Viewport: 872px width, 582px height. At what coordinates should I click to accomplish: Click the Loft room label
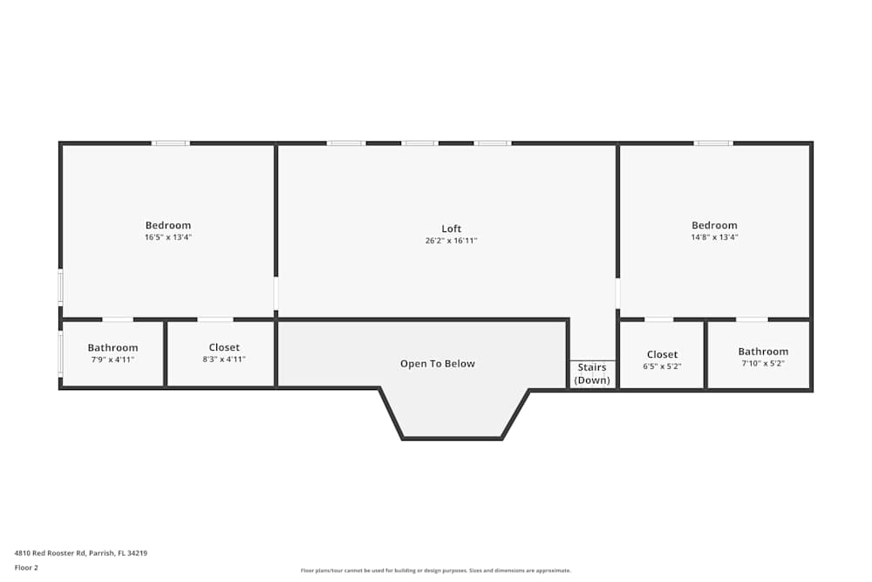(451, 229)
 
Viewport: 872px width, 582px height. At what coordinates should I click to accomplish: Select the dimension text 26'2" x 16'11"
(451, 241)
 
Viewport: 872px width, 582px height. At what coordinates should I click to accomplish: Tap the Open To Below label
(437, 364)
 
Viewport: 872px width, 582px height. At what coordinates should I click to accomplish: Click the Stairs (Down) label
(592, 373)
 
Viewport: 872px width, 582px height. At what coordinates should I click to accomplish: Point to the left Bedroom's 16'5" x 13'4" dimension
(167, 237)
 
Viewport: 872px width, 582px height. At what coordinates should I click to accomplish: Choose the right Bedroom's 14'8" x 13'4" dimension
(714, 237)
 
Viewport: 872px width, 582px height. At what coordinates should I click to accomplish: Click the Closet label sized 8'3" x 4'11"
(224, 347)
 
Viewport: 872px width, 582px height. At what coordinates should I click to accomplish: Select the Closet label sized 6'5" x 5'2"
(662, 354)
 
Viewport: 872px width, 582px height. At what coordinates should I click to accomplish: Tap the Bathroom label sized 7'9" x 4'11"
(112, 347)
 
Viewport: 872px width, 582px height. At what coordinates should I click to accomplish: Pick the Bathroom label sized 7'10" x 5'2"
(763, 352)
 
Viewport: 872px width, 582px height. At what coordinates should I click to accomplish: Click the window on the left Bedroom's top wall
(170, 143)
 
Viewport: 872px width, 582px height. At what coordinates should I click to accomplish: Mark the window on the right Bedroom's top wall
(713, 143)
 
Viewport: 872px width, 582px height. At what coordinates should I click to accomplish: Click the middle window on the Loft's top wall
(419, 143)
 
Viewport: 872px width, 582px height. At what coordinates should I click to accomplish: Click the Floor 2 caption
(26, 567)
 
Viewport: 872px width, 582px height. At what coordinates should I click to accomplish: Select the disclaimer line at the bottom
(436, 571)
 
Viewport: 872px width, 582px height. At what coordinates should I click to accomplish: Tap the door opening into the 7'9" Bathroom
(118, 319)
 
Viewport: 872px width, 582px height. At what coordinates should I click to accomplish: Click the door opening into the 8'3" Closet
(215, 319)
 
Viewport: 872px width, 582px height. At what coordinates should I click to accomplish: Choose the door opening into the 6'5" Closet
(658, 319)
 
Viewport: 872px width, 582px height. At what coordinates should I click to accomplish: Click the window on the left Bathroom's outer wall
(60, 353)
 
